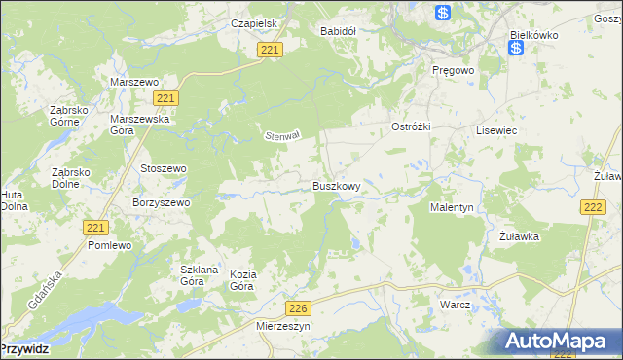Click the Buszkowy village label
[337, 185]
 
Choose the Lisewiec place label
[495, 129]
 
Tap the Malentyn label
[452, 207]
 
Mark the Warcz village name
[455, 305]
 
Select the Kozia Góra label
[242, 280]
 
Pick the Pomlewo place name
[109, 246]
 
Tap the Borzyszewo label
[161, 203]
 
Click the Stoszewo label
[164, 168]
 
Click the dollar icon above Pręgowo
[443, 13]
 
